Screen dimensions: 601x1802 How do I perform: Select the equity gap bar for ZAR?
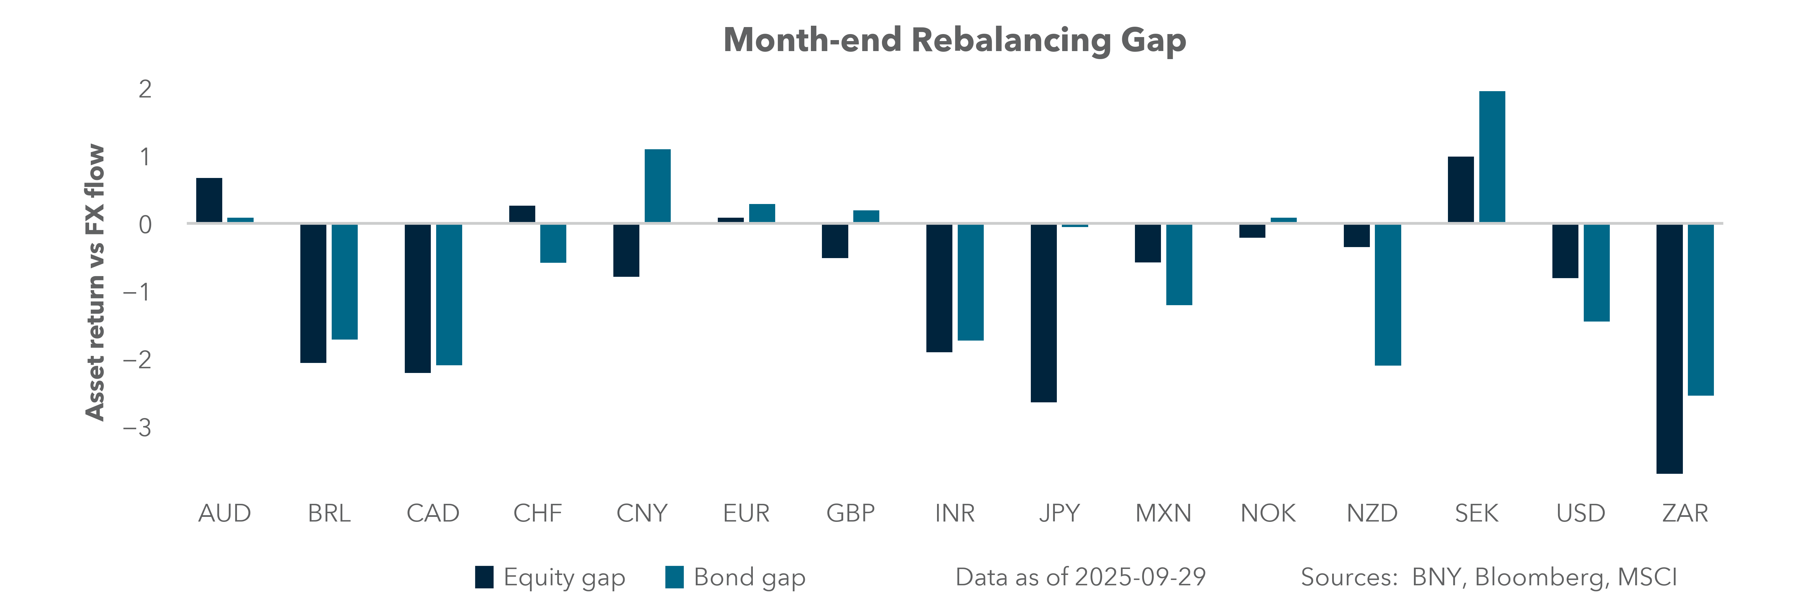(x=1669, y=349)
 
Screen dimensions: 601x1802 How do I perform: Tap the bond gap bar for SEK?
(x=1492, y=157)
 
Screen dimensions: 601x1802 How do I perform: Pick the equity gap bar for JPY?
(x=1044, y=313)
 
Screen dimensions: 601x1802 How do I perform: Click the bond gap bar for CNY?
(x=657, y=186)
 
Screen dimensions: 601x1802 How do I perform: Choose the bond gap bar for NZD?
(x=1388, y=294)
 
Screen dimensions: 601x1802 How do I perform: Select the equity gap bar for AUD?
(x=209, y=200)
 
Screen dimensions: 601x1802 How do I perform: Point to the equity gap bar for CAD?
(x=417, y=298)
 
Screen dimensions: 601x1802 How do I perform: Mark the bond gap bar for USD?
(x=1596, y=273)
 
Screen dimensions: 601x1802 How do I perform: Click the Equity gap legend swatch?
(x=484, y=577)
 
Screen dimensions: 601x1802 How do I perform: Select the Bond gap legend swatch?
(x=674, y=577)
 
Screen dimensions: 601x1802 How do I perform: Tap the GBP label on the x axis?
(x=851, y=514)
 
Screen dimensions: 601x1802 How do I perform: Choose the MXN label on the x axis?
(x=1163, y=514)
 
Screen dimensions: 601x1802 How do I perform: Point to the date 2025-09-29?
(x=1140, y=577)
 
